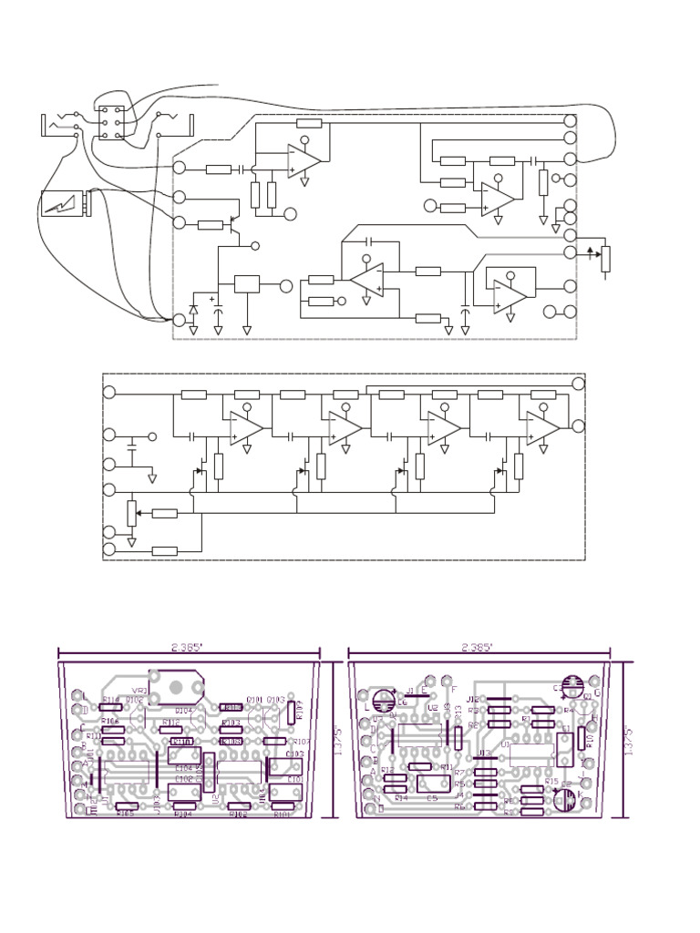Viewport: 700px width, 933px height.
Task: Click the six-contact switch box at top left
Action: (112, 122)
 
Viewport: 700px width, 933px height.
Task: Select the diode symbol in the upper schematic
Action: (192, 311)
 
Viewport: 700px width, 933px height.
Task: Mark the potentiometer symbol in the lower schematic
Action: (131, 513)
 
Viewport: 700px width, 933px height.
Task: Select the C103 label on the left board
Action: (295, 754)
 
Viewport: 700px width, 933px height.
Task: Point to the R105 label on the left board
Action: (125, 814)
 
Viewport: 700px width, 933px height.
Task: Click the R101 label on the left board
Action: (283, 815)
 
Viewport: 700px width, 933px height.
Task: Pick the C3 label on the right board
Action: (558, 688)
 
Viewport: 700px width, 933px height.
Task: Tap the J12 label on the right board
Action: (473, 700)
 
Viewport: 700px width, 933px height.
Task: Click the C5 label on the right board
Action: (432, 799)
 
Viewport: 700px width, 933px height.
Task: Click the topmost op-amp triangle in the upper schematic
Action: (304, 160)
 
